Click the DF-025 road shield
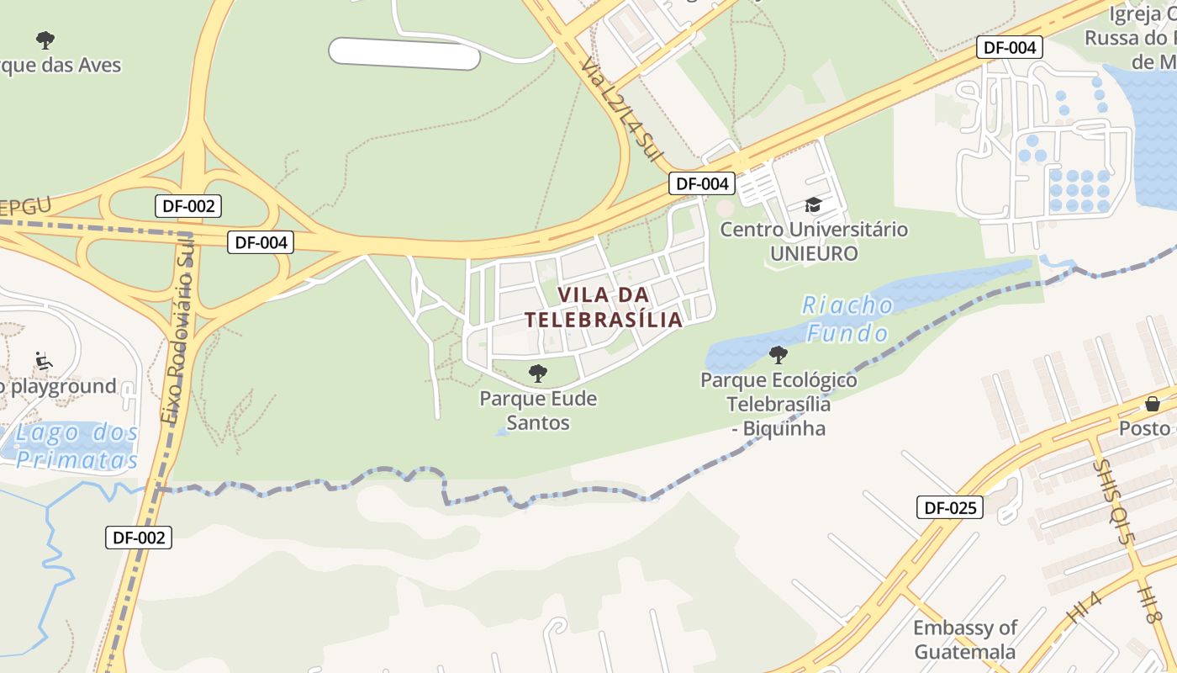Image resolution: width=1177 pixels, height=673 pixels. pyautogui.click(x=949, y=507)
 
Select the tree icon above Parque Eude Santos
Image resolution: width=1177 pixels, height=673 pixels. pyautogui.click(x=537, y=374)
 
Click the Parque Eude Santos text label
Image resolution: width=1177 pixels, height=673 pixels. pyautogui.click(x=538, y=411)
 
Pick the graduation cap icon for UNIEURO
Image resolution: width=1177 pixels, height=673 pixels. pyautogui.click(x=813, y=204)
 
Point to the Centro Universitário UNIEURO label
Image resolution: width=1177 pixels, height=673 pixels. pyautogui.click(x=814, y=241)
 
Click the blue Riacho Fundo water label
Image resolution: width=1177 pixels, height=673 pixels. pyautogui.click(x=847, y=319)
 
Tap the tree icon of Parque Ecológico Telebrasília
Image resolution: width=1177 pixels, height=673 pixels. pyautogui.click(x=779, y=355)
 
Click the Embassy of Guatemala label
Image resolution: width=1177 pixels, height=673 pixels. pyautogui.click(x=965, y=639)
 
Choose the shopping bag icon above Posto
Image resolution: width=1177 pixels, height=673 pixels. pyautogui.click(x=1152, y=404)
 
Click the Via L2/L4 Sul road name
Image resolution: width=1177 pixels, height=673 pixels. pyautogui.click(x=621, y=109)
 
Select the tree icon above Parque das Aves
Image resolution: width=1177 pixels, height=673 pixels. pyautogui.click(x=45, y=40)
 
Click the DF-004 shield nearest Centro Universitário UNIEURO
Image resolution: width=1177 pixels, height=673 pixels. pyautogui.click(x=701, y=183)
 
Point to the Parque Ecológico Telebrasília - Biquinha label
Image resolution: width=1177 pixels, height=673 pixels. pyautogui.click(x=779, y=405)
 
